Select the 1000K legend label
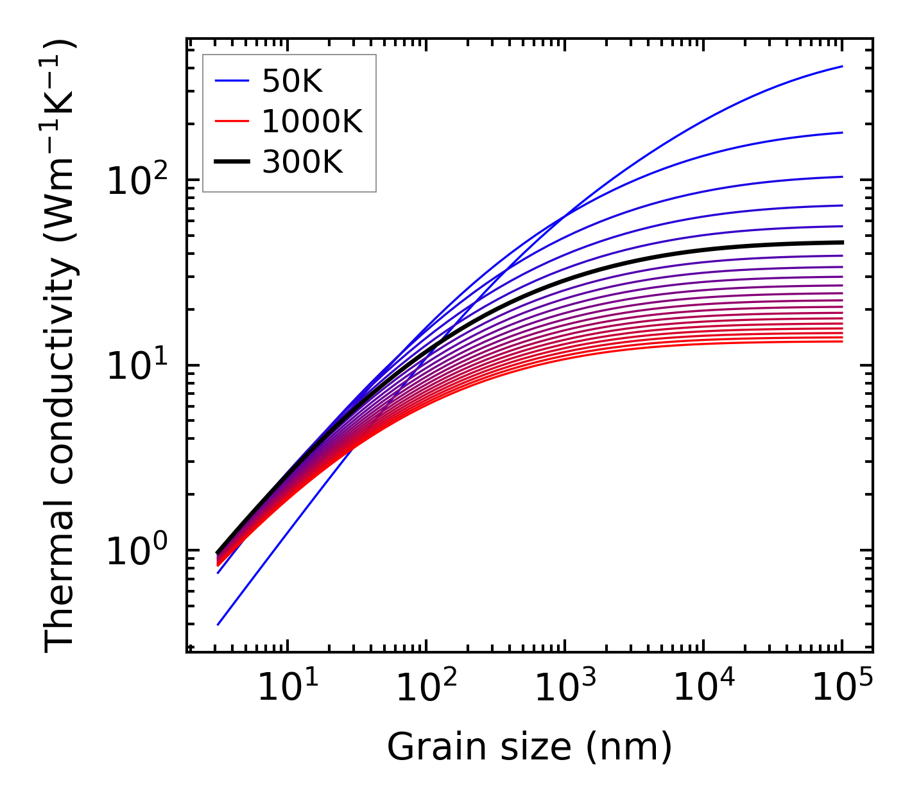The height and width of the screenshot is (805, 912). pos(312,121)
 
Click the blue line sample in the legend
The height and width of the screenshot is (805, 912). pos(231,81)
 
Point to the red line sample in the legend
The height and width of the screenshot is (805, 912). pos(231,121)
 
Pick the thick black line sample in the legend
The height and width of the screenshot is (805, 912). pos(231,162)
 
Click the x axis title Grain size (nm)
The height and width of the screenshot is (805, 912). pos(529,747)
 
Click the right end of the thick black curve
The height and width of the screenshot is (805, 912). pos(842,242)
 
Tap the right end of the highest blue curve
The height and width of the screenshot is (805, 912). pos(842,66)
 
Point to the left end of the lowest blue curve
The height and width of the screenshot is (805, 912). pos(218,625)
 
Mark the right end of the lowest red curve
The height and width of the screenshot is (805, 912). pos(842,341)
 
